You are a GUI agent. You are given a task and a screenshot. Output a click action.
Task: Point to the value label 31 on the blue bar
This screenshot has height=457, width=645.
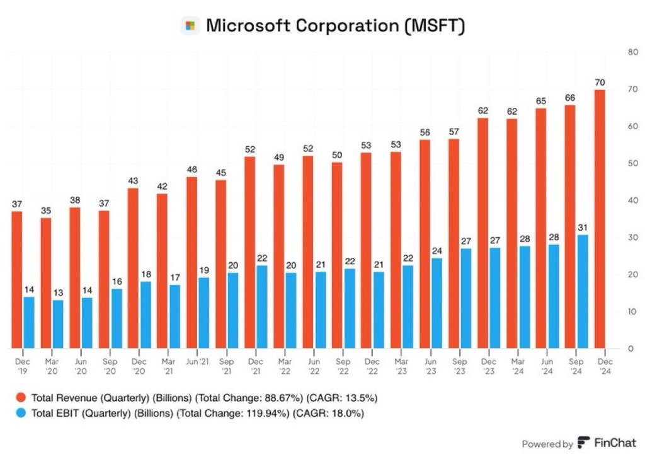tap(583, 228)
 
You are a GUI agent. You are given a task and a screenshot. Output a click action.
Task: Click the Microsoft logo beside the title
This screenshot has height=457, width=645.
tap(190, 26)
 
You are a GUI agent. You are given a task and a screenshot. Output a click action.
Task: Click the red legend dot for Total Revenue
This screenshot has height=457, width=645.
tap(21, 398)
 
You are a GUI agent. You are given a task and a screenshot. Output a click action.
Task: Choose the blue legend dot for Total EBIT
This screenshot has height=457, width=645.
tap(21, 414)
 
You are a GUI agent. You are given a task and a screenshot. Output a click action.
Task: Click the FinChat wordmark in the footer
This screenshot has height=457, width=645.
tap(613, 443)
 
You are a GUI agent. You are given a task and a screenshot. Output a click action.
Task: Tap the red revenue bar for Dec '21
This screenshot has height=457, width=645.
tap(250, 252)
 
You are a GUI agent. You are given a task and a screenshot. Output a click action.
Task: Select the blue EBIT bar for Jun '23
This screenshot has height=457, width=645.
tap(437, 303)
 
